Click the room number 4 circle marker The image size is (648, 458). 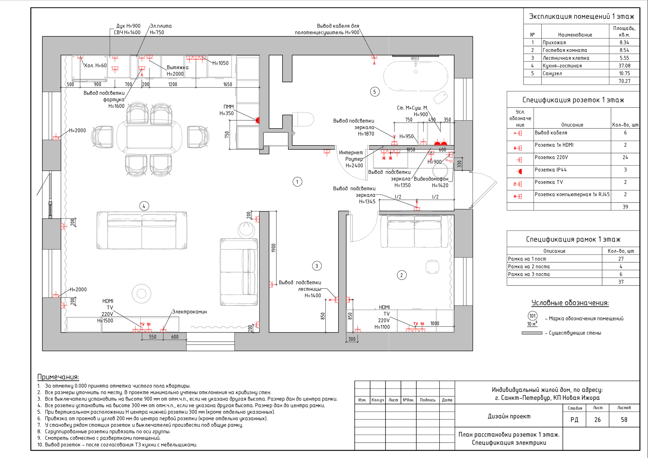coord(144,206)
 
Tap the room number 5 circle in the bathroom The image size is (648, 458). coord(375,92)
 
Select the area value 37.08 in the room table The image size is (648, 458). coord(624,66)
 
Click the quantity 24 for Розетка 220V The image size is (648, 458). coord(625,157)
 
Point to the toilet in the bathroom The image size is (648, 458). coord(303,119)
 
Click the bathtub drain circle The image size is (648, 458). coord(416,72)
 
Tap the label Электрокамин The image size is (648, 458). coord(190,312)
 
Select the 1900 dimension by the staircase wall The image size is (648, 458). coord(273,248)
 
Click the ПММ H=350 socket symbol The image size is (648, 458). coord(257,120)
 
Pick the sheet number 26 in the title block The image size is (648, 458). coord(597,420)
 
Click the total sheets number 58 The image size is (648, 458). coord(624,420)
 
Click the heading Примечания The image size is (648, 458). coord(58,377)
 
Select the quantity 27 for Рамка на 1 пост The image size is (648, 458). coord(621,259)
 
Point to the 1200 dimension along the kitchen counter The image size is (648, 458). coord(172,84)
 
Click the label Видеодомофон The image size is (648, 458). coord(431,179)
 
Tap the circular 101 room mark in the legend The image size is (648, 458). coord(533,316)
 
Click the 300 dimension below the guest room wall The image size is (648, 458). coord(352,339)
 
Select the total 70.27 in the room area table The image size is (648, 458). coord(624,81)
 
